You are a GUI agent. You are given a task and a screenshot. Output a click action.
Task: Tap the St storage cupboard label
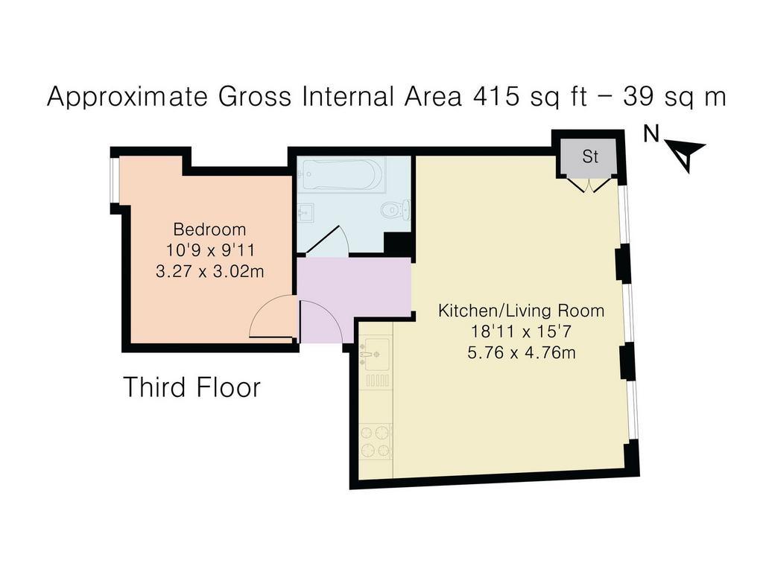tap(590, 156)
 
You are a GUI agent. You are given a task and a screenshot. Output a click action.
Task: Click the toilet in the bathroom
tap(395, 209)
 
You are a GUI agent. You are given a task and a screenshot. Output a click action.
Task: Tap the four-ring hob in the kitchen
tap(376, 442)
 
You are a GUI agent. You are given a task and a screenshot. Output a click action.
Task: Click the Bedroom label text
tap(209, 229)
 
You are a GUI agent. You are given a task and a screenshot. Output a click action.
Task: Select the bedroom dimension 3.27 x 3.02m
tap(209, 271)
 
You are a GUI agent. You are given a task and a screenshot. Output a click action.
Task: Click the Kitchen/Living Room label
tap(521, 311)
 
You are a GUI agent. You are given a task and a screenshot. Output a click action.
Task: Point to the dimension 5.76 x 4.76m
tap(521, 352)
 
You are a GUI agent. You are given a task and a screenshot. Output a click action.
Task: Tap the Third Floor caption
tap(192, 387)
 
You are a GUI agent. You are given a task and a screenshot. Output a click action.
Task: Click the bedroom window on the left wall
tap(114, 179)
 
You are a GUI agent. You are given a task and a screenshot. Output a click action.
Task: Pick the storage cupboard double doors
tap(590, 185)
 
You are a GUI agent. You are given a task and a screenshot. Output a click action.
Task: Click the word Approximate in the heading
tap(127, 97)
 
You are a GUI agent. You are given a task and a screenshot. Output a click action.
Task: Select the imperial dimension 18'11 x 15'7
tap(520, 331)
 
